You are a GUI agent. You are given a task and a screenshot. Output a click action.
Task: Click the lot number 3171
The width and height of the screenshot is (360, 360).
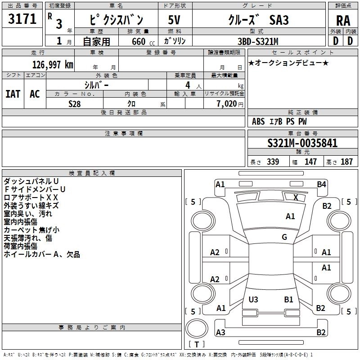(22, 19)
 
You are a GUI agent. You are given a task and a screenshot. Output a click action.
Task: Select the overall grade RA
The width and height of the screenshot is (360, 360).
(343, 21)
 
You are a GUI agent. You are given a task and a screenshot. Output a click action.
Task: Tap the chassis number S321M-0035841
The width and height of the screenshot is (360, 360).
(302, 144)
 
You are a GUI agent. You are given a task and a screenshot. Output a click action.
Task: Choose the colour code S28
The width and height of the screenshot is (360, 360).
(75, 104)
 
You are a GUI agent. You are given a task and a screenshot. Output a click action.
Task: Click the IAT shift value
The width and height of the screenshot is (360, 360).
(13, 94)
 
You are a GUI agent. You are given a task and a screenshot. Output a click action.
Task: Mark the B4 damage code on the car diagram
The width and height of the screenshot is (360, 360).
(321, 184)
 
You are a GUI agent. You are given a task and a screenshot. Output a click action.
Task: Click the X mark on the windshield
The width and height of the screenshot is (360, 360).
(296, 197)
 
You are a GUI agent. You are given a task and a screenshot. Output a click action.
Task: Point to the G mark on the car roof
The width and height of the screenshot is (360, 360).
(284, 237)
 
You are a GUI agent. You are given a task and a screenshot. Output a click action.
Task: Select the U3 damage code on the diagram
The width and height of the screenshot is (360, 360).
(253, 299)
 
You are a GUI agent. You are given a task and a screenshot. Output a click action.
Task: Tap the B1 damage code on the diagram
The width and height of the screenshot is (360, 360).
(288, 299)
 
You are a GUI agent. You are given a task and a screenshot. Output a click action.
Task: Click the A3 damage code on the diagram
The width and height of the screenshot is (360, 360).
(220, 332)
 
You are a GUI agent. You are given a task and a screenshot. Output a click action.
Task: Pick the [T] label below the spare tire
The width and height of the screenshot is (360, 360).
(196, 345)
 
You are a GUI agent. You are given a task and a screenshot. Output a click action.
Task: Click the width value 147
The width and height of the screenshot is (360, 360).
(310, 162)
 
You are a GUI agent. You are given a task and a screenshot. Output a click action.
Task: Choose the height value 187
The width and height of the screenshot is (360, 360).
(346, 162)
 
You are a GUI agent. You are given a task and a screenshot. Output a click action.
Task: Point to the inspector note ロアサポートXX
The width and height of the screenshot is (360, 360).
(31, 197)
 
